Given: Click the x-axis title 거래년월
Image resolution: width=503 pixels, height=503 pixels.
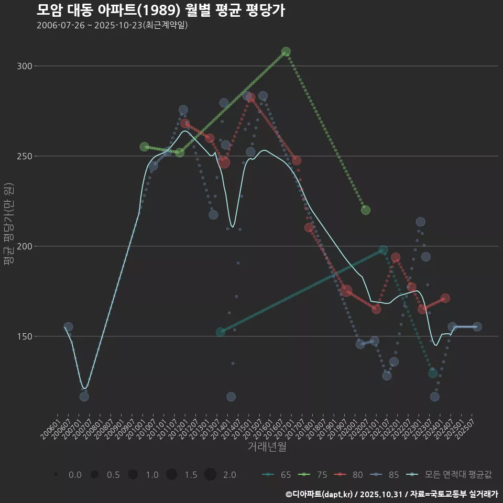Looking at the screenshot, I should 267,447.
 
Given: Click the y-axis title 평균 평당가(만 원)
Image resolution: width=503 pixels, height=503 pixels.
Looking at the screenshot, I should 8,225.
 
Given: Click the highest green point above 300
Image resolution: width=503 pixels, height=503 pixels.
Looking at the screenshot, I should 286,52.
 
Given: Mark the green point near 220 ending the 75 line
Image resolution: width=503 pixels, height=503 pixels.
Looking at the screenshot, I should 366,210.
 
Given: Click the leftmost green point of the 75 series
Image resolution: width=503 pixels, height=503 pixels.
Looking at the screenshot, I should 145,147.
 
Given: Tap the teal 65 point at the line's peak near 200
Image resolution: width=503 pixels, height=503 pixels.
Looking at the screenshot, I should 384,250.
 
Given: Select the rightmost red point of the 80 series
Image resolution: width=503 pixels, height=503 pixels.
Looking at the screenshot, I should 445,298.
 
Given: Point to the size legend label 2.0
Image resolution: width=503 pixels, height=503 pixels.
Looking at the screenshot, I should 229,475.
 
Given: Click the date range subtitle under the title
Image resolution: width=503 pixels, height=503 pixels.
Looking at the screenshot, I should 112,25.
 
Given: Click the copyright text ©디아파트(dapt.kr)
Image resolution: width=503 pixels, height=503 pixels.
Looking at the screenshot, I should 320,494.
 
